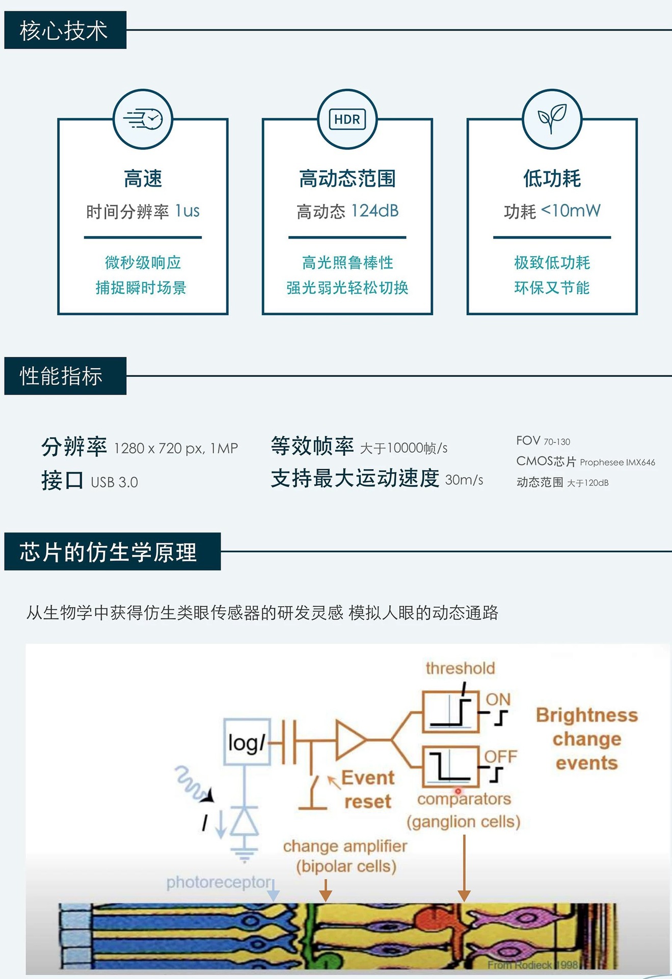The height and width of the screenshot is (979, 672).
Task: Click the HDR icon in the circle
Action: [347, 119]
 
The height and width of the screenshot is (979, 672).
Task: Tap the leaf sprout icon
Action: [552, 119]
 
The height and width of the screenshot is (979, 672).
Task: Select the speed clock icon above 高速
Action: [143, 119]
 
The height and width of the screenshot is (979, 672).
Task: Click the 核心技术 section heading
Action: [65, 30]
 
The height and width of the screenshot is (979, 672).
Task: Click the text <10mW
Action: [571, 210]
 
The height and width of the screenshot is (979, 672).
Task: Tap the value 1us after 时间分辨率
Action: [187, 211]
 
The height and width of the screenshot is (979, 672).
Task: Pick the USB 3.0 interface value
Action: [114, 482]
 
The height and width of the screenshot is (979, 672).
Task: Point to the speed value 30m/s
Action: [464, 480]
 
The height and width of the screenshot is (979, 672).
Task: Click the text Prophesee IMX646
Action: [617, 462]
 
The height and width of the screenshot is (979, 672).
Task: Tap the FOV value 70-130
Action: [557, 442]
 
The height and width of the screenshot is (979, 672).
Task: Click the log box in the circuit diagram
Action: [247, 742]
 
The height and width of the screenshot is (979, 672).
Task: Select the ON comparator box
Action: [451, 711]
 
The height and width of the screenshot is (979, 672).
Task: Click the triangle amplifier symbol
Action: [350, 739]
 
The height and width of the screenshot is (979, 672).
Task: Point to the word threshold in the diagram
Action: [460, 668]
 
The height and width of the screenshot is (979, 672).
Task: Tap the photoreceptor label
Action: [219, 882]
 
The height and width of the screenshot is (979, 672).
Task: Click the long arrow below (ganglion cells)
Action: [464, 867]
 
